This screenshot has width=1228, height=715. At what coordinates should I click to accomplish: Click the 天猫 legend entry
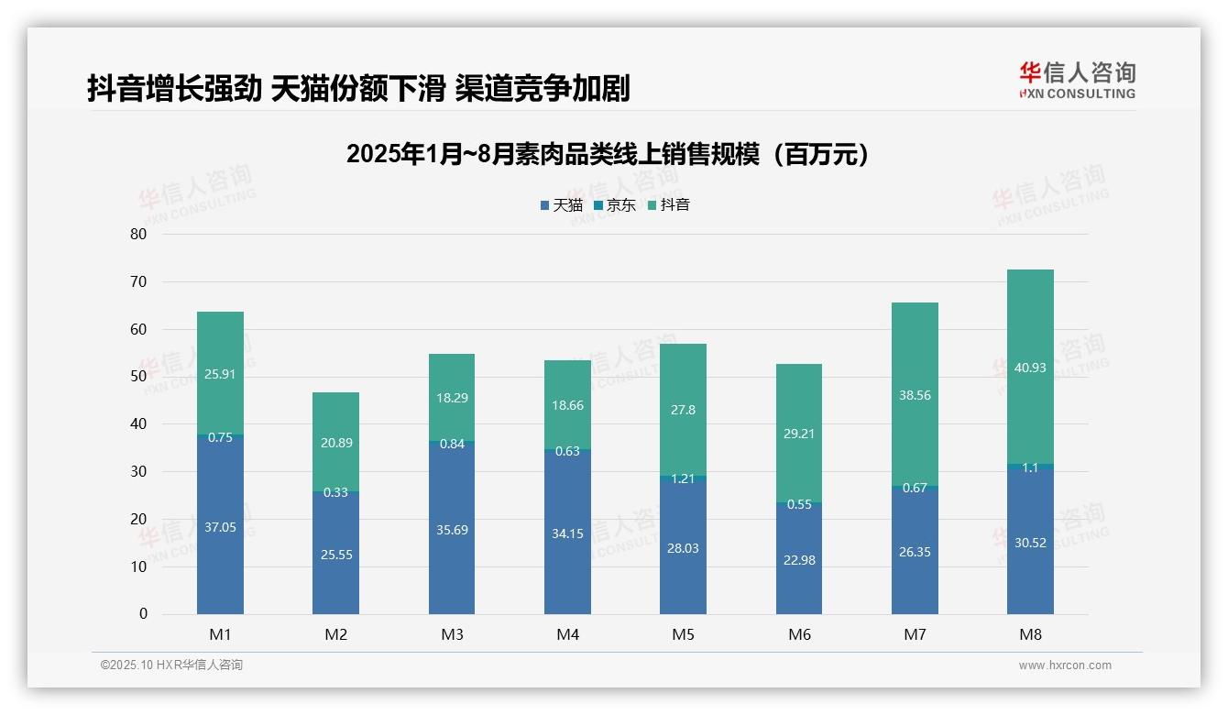561,205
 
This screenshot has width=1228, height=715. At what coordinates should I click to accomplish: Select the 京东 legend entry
615,205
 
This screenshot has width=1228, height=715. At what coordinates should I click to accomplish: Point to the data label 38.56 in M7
915,395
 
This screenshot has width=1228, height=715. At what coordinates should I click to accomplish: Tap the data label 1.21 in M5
683,478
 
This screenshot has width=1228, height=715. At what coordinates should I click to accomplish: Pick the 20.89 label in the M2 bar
335,443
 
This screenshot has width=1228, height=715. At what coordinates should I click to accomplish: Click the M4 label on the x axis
567,634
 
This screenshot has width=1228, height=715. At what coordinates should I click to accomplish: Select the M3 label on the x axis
452,634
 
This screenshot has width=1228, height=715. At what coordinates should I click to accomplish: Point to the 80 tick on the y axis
138,234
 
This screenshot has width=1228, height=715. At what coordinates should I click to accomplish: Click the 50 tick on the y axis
138,377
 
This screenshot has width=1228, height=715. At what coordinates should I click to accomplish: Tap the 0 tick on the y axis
143,614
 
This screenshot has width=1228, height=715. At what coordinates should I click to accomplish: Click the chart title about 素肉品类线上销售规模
608,155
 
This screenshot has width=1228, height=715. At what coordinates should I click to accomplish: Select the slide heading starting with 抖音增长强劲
358,88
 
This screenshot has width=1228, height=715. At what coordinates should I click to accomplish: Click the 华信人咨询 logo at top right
1077,80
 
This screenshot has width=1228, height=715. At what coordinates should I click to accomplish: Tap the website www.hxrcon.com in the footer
1065,665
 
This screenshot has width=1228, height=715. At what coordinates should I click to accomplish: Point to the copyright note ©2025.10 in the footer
171,665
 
